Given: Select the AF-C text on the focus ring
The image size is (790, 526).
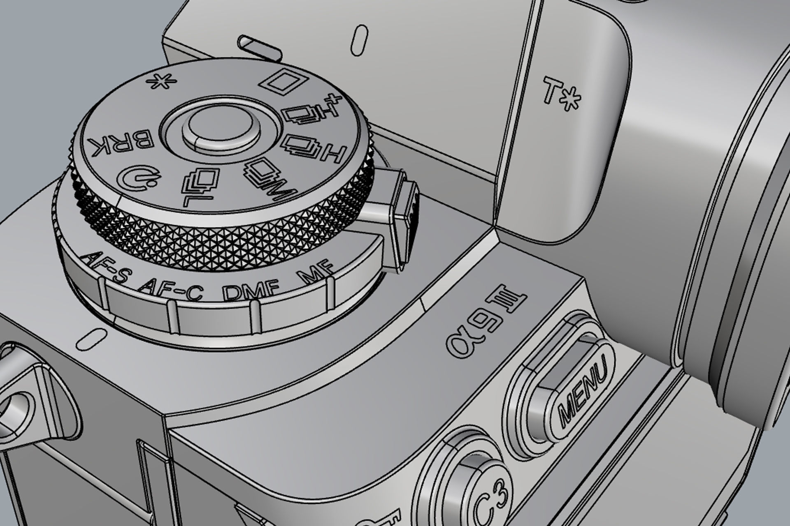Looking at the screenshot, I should click(171, 288).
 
